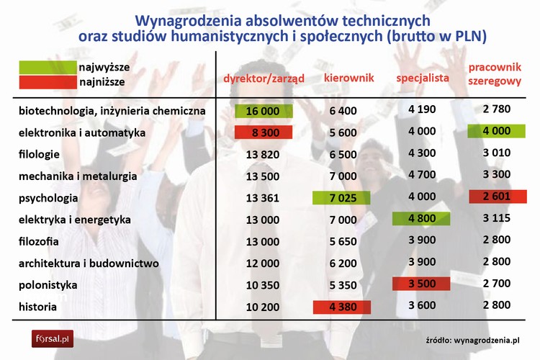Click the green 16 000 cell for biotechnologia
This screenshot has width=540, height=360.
pyautogui.click(x=264, y=111)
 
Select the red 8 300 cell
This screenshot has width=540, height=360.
pyautogui.click(x=264, y=132)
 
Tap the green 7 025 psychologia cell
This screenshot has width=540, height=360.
pyautogui.click(x=342, y=198)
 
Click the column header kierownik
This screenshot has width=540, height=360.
pyautogui.click(x=348, y=77)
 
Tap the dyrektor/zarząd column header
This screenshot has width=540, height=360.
pyautogui.click(x=264, y=78)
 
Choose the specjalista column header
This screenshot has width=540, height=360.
pyautogui.click(x=423, y=77)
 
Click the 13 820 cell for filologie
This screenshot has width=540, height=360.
pyautogui.click(x=264, y=154)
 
